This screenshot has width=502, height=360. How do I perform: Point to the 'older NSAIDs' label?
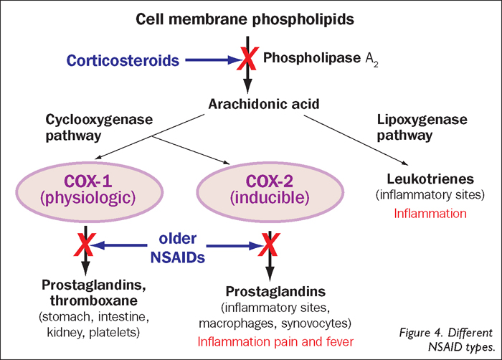(177, 245)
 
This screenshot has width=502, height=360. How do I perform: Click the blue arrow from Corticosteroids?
(212, 60)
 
